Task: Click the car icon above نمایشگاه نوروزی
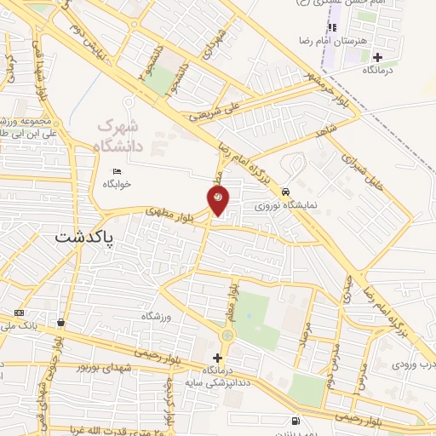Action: (294, 192)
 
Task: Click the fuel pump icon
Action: (295, 420)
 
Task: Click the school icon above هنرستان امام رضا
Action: (332, 28)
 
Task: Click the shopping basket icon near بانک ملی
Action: (60, 323)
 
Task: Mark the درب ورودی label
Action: (414, 364)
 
